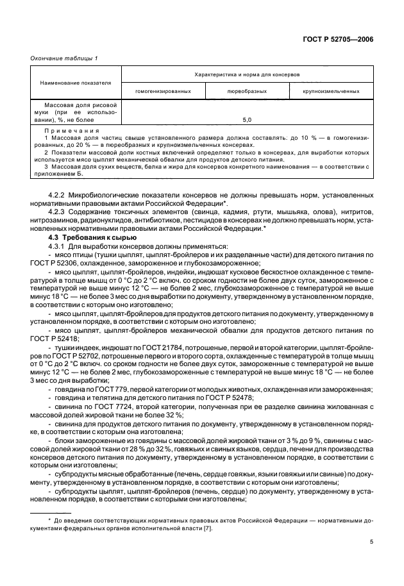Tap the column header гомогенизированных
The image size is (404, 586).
(163, 92)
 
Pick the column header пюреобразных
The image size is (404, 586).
(248, 92)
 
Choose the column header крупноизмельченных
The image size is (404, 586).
(331, 92)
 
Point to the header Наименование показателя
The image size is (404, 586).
(75, 83)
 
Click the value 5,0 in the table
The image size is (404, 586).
(248, 120)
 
